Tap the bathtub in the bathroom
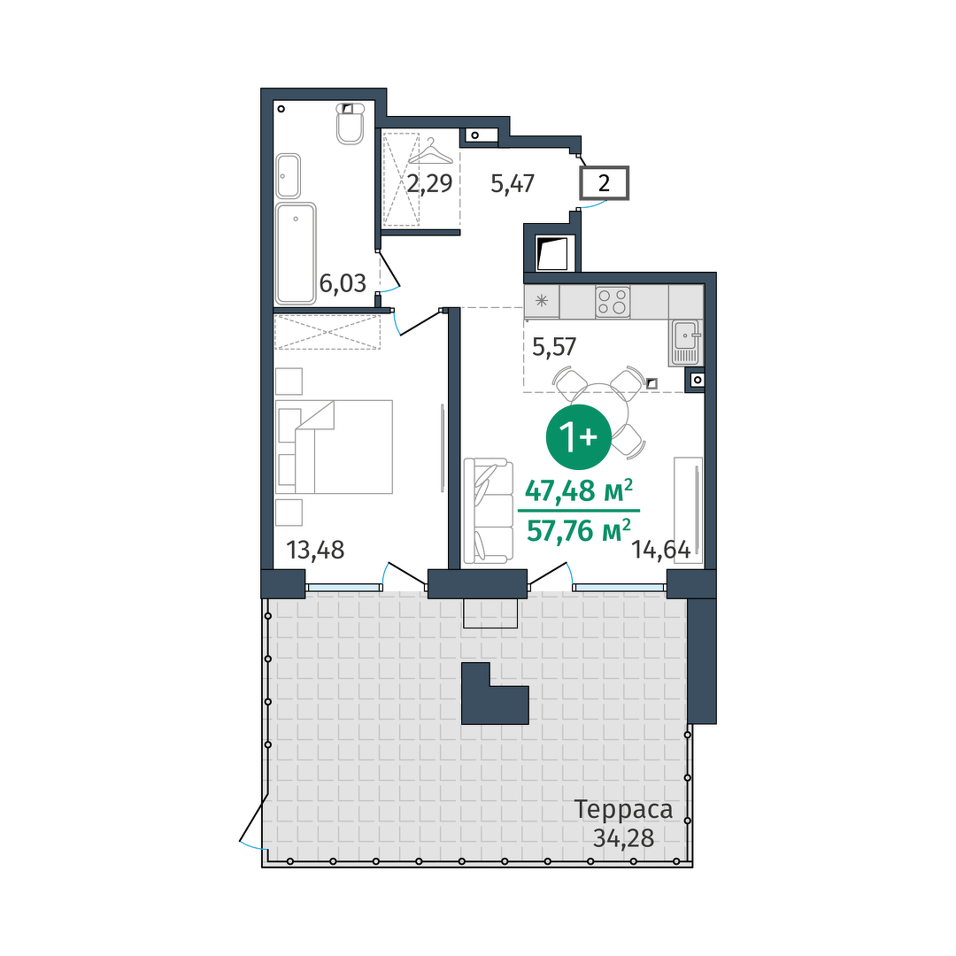[x=296, y=254]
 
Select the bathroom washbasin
[x=288, y=175]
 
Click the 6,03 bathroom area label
[x=343, y=283]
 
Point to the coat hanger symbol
[x=431, y=152]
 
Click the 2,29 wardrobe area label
[x=430, y=183]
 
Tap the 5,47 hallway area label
[x=513, y=183]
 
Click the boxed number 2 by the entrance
[x=604, y=183]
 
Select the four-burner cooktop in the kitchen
[x=613, y=302]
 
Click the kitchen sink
[x=687, y=343]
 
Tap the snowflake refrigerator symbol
[x=542, y=301]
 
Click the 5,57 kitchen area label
[x=553, y=347]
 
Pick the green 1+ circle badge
[x=578, y=436]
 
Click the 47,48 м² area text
[x=579, y=490]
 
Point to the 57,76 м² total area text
[x=579, y=530]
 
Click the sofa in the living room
[x=488, y=511]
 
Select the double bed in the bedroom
[x=334, y=446]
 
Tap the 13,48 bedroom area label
[x=315, y=550]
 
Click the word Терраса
[x=624, y=810]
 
